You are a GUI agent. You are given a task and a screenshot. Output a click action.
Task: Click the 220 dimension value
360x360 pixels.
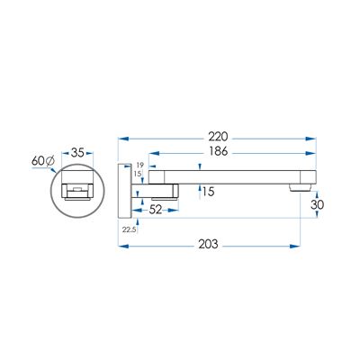point(218,137)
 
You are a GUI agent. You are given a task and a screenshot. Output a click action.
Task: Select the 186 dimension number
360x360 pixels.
point(218,151)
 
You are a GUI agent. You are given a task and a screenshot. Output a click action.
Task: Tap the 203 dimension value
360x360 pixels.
point(208,245)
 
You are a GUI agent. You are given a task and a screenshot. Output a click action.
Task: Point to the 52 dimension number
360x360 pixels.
point(156,210)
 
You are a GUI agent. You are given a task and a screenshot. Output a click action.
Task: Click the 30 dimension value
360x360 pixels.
point(317,204)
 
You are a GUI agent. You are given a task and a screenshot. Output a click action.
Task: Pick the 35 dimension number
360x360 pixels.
point(77,153)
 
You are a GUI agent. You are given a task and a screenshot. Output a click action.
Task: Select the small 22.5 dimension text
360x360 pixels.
point(130,229)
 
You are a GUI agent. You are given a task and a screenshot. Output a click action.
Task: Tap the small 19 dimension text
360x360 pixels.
point(140,165)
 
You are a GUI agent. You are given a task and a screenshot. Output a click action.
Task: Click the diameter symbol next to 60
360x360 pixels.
point(50,161)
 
